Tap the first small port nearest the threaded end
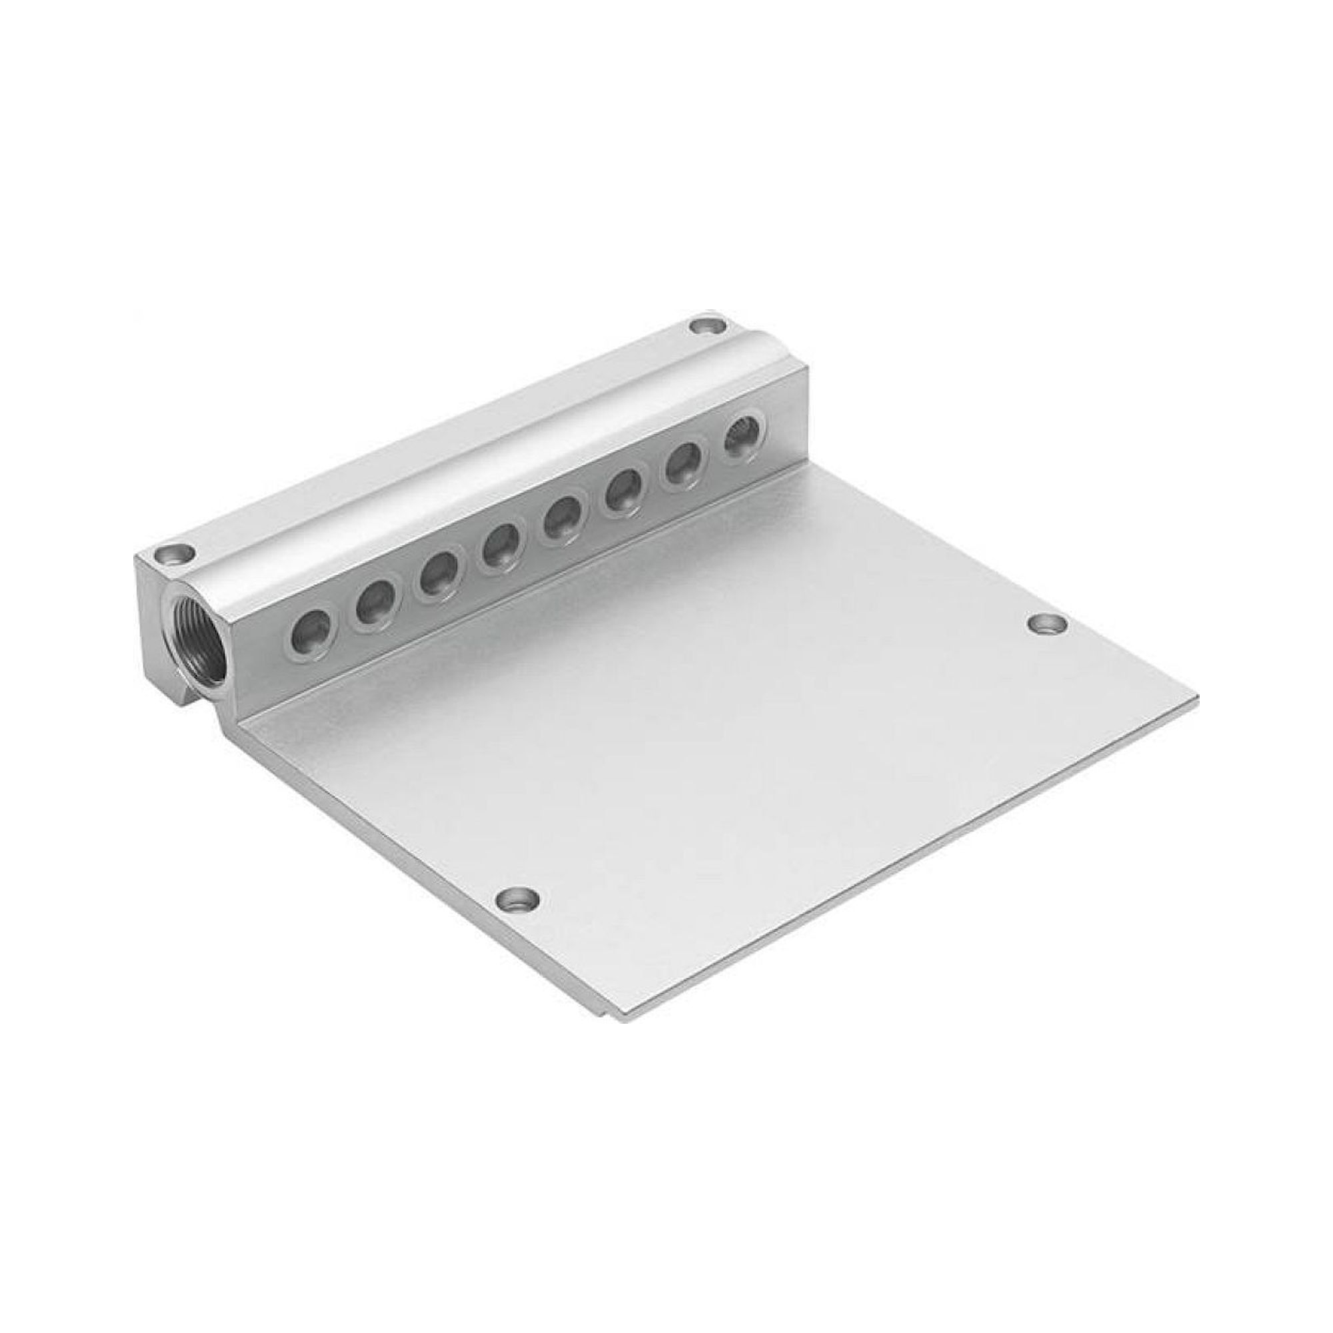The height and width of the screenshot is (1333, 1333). (x=311, y=629)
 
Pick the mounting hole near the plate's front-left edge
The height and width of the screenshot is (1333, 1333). (x=517, y=899)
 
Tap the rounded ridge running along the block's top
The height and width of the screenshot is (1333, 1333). (x=483, y=445)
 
